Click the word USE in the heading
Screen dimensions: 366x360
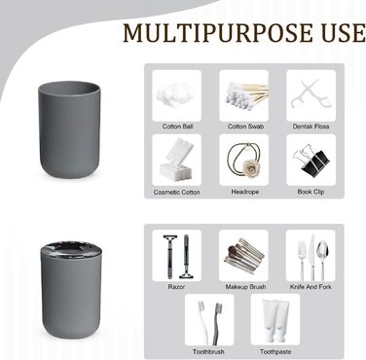(344, 33)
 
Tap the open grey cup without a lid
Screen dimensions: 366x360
(69, 129)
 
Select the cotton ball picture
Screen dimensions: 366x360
(176, 95)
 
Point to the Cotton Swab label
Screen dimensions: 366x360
(245, 126)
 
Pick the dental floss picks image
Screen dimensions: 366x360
(311, 95)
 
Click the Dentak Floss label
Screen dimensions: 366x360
(311, 126)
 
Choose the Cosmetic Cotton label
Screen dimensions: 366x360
(176, 192)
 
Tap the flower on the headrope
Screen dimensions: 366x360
(249, 166)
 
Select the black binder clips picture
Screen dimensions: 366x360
(311, 160)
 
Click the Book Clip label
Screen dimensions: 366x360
(311, 192)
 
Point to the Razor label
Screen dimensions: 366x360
(176, 287)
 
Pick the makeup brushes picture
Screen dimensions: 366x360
(243, 255)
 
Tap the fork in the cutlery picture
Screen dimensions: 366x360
(302, 261)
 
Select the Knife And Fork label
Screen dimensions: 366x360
(311, 287)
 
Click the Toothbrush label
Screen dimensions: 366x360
(208, 351)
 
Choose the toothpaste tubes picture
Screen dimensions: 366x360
(275, 320)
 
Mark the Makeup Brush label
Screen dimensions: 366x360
(245, 287)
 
